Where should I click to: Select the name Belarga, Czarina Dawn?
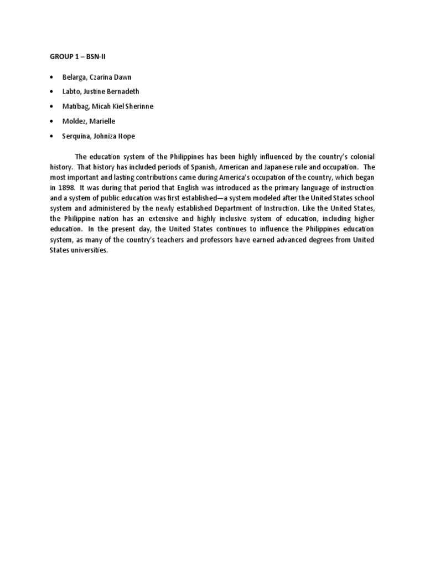click(x=96, y=77)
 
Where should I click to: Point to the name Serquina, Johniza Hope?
click(x=98, y=136)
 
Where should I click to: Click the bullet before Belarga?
click(x=51, y=77)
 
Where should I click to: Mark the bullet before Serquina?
click(x=51, y=136)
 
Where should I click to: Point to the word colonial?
click(x=361, y=157)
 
